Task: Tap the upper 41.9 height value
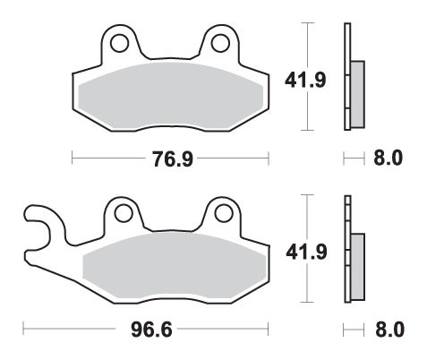tap(331, 80)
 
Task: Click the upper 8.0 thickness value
tap(387, 159)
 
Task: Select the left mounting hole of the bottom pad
tap(122, 213)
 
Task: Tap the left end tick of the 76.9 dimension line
tap(72, 159)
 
